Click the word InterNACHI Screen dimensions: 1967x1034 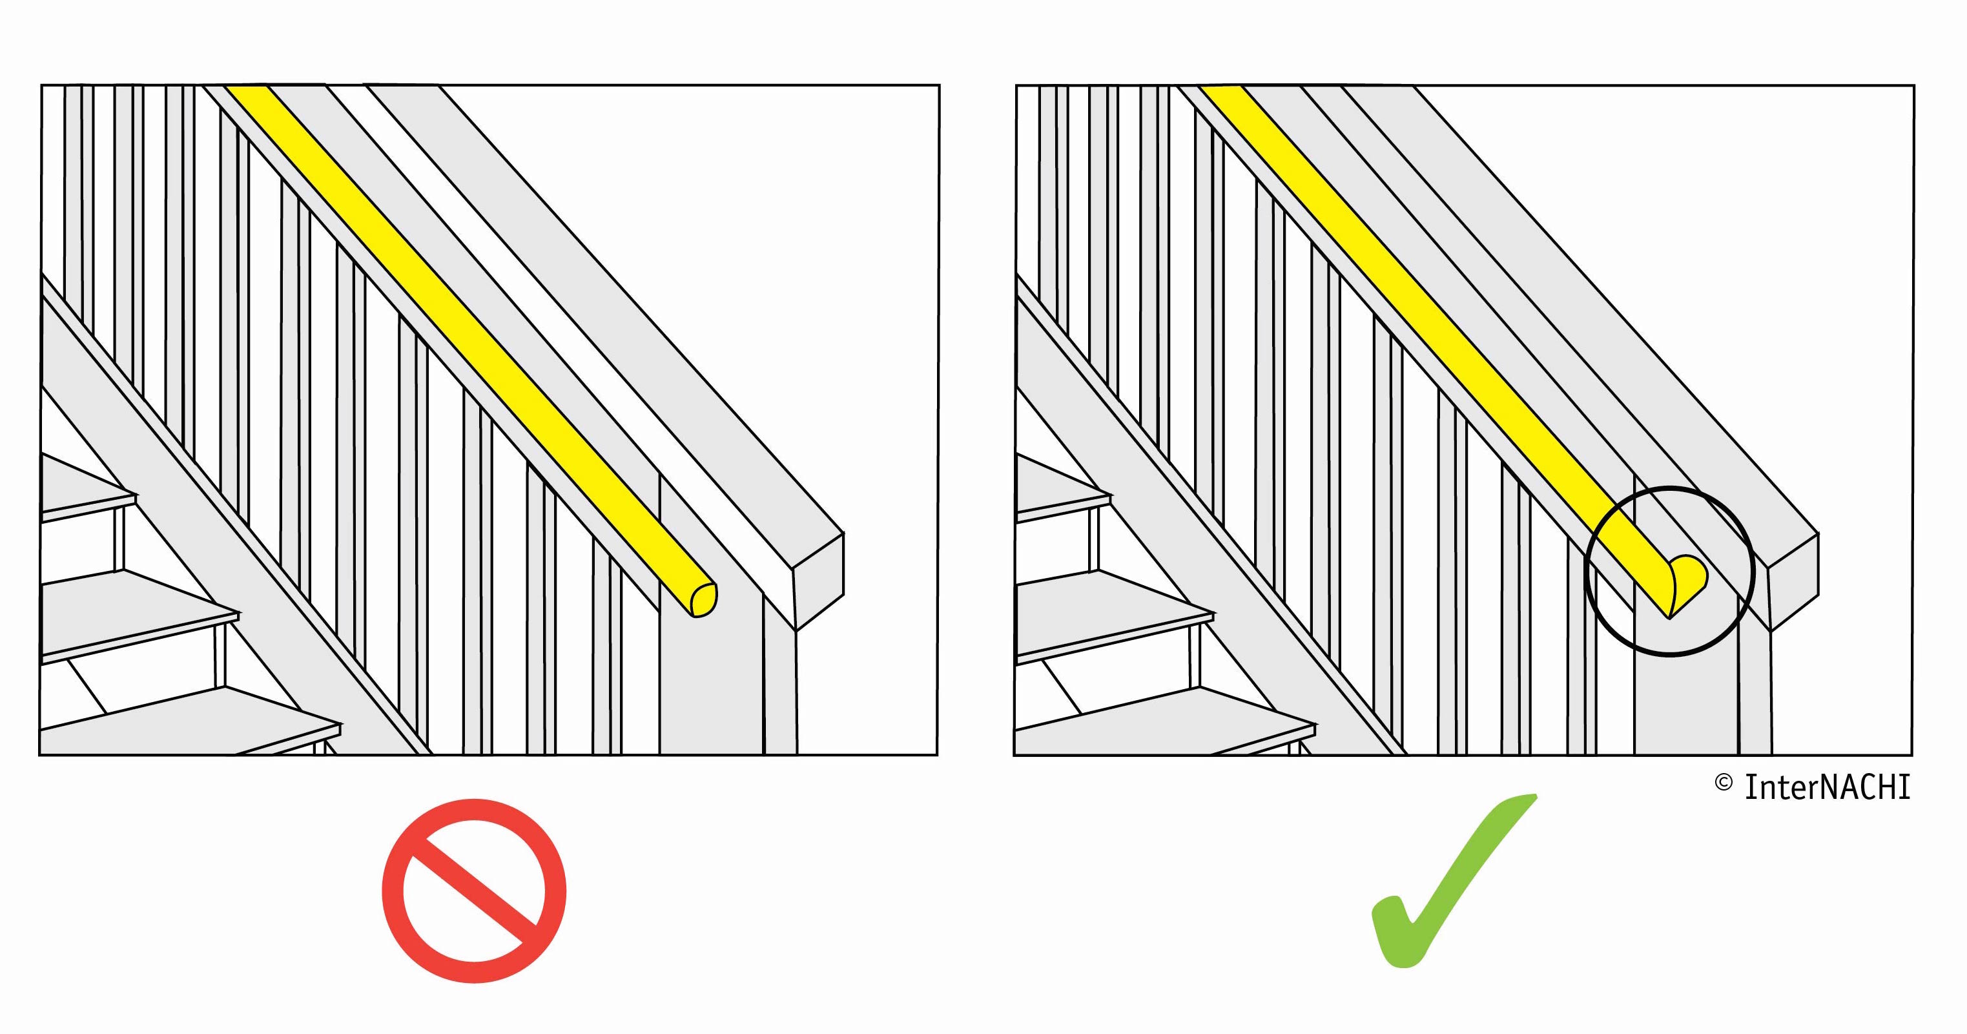pos(1828,787)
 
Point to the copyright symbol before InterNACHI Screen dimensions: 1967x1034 pos(1724,782)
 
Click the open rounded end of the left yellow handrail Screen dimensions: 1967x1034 pos(703,599)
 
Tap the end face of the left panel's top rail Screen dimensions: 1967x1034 pos(819,582)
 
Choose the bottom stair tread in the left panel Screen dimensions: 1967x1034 pos(191,721)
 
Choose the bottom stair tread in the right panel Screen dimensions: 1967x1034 pos(1165,721)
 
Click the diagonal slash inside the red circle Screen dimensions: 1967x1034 pos(473,891)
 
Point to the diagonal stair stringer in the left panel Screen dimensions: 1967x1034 pos(229,519)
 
